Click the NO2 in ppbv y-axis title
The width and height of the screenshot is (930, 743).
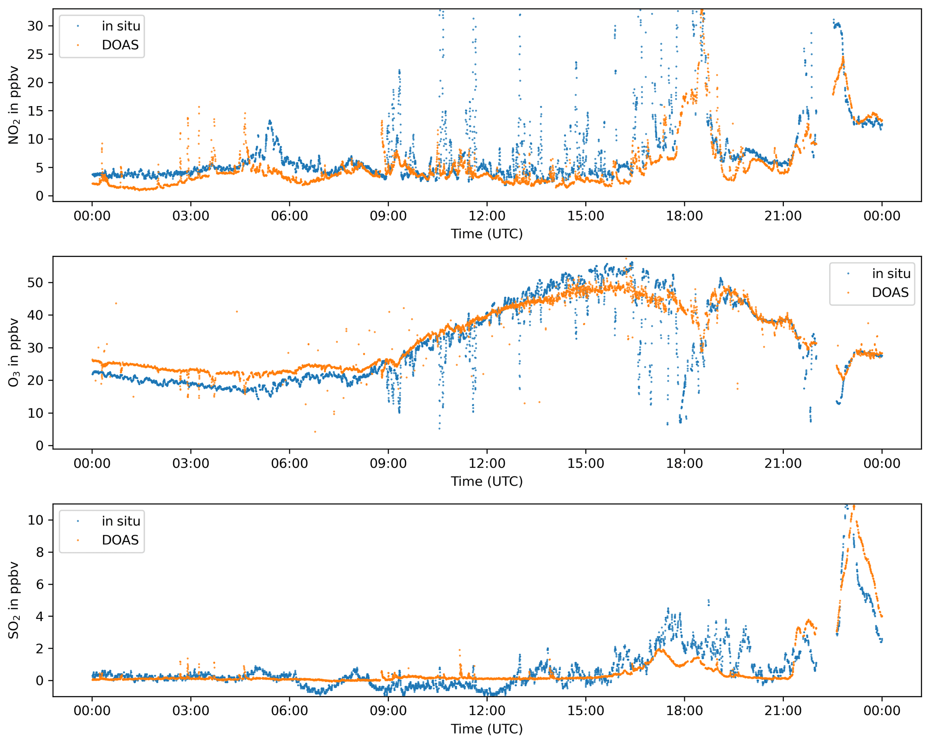(x=13, y=105)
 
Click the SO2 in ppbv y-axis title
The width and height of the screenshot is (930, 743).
(x=13, y=600)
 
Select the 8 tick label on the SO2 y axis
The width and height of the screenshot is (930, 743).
(x=40, y=552)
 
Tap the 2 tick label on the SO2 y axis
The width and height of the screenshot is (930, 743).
(x=40, y=649)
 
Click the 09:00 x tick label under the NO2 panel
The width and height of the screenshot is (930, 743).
(x=388, y=216)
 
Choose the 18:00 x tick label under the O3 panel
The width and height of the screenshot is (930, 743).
(x=684, y=463)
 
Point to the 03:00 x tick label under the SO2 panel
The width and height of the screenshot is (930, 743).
(x=191, y=711)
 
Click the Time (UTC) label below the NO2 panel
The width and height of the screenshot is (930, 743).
(x=487, y=234)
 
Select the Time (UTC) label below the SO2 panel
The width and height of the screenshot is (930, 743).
(x=487, y=729)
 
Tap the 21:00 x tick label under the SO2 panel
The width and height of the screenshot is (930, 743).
(x=783, y=711)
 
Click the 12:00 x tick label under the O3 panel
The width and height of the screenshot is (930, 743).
(x=487, y=463)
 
